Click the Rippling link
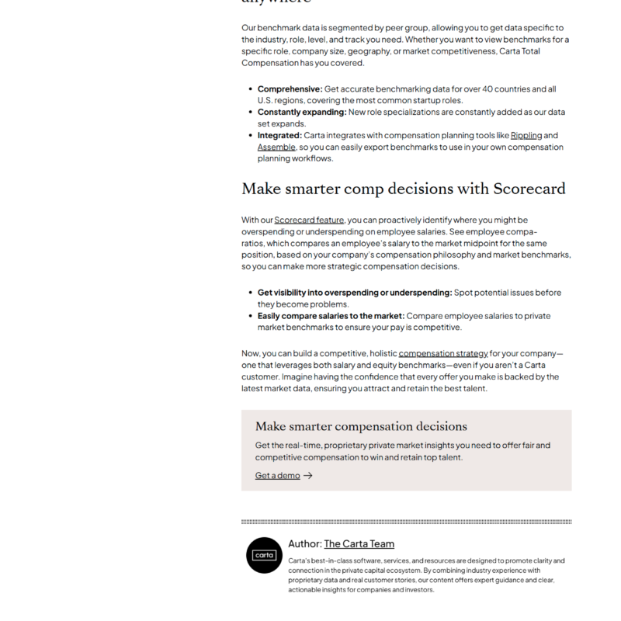click(526, 135)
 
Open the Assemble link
click(276, 147)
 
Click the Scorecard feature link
click(309, 220)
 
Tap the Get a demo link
click(277, 475)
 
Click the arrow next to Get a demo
click(308, 475)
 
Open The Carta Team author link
click(359, 544)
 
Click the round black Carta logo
click(264, 555)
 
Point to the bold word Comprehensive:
click(290, 88)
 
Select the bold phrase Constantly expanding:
click(301, 112)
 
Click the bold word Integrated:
click(280, 135)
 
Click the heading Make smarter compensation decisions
click(361, 426)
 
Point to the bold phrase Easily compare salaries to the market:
click(331, 316)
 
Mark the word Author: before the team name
click(304, 544)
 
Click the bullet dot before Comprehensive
click(249, 89)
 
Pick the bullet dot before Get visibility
click(249, 293)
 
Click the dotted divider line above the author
click(406, 522)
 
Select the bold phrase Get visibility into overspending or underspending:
click(354, 293)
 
